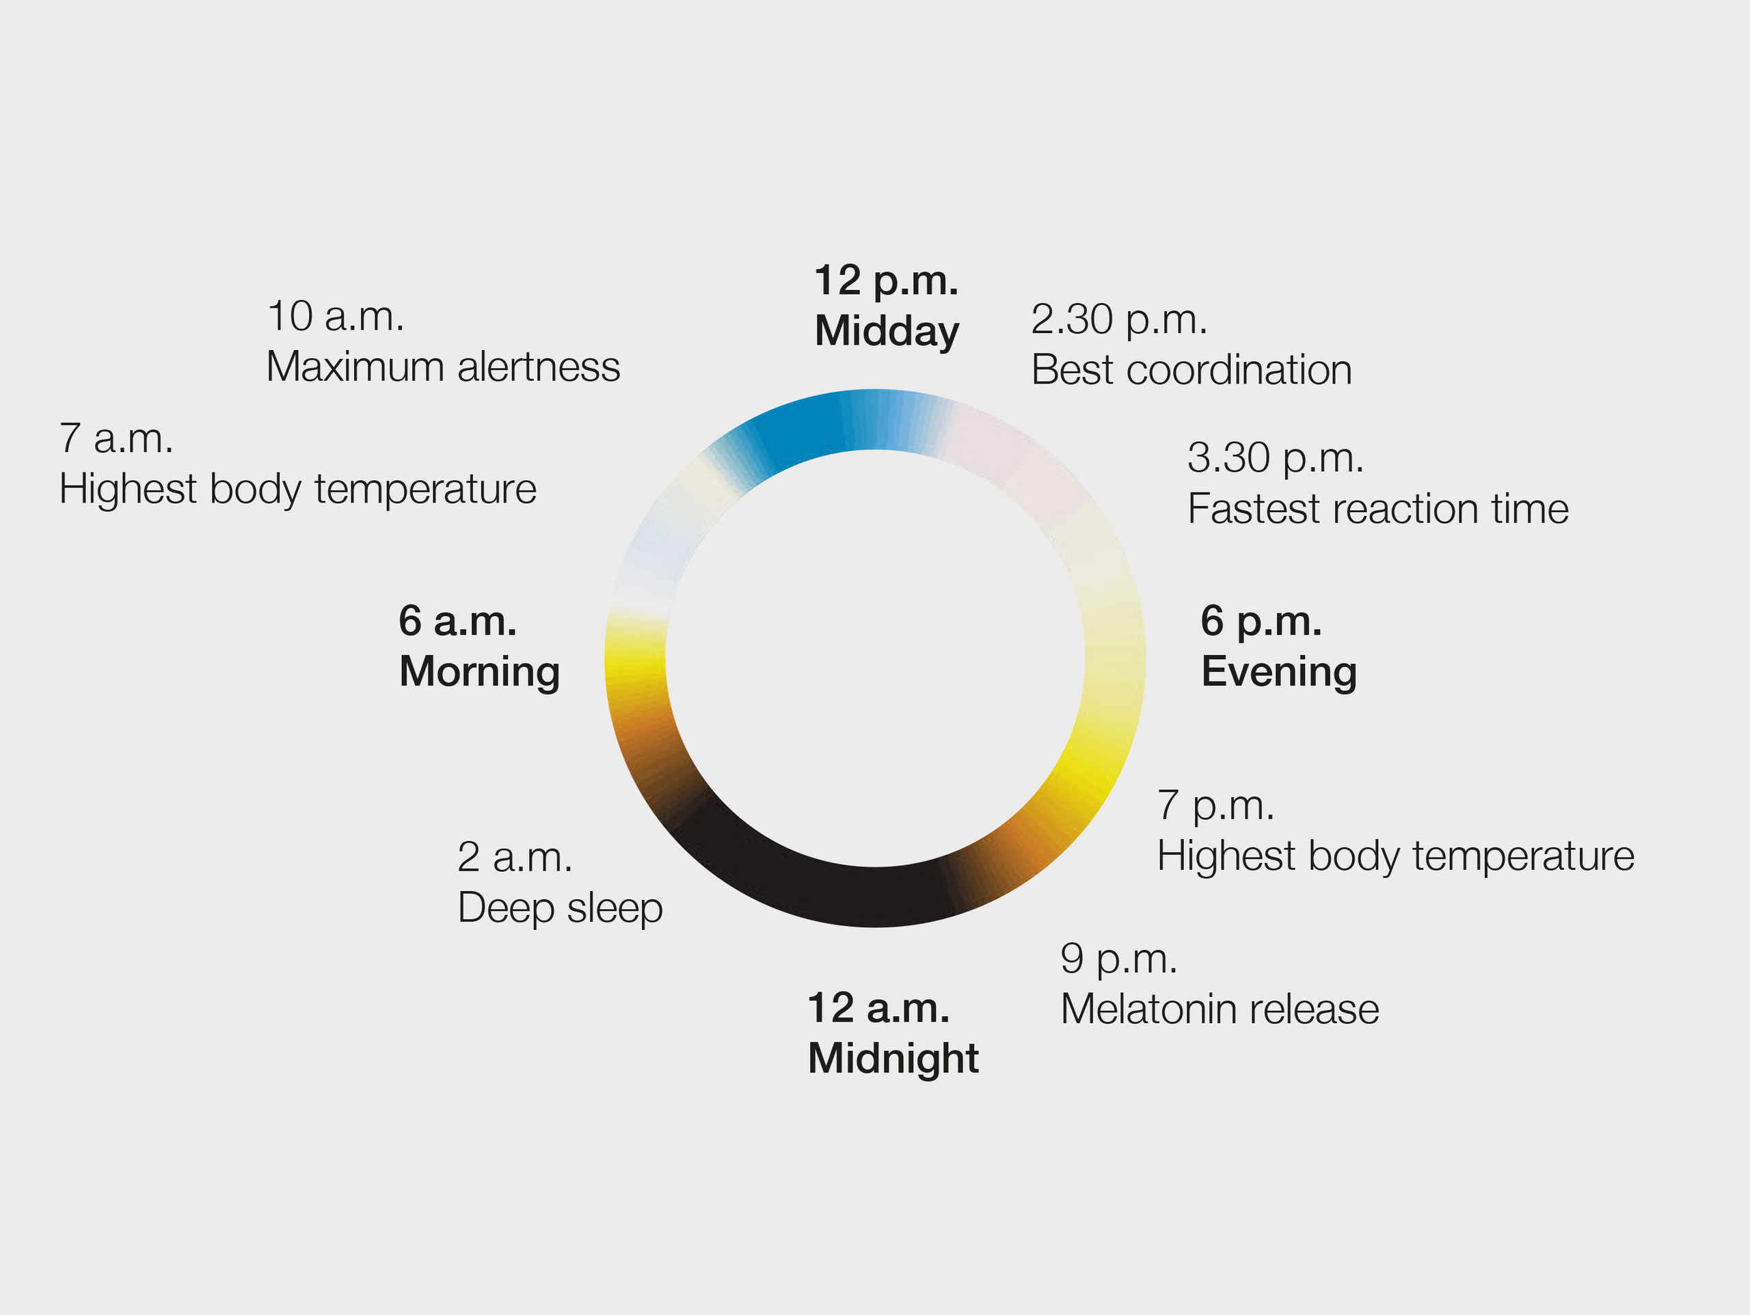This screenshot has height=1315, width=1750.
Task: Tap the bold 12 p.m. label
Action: [886, 281]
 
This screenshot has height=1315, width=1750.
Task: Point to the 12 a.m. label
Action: [878, 1009]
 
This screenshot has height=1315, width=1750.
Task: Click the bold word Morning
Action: [479, 672]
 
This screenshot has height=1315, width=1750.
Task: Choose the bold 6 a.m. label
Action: [457, 621]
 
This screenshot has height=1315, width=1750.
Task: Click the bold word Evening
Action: [1279, 672]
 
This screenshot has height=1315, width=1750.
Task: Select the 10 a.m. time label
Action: [336, 317]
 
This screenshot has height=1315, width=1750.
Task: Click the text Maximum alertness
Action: [443, 367]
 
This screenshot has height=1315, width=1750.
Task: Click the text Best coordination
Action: [1192, 370]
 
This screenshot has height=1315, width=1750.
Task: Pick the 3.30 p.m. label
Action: [1276, 459]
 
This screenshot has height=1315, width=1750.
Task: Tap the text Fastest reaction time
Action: [1378, 509]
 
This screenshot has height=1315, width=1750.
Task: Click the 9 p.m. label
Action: [1118, 959]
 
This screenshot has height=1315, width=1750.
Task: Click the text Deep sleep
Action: [560, 909]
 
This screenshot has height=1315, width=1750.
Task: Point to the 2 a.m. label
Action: [515, 858]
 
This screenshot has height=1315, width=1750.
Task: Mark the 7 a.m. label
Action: [116, 439]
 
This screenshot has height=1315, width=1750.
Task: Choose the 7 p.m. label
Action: [1216, 806]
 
